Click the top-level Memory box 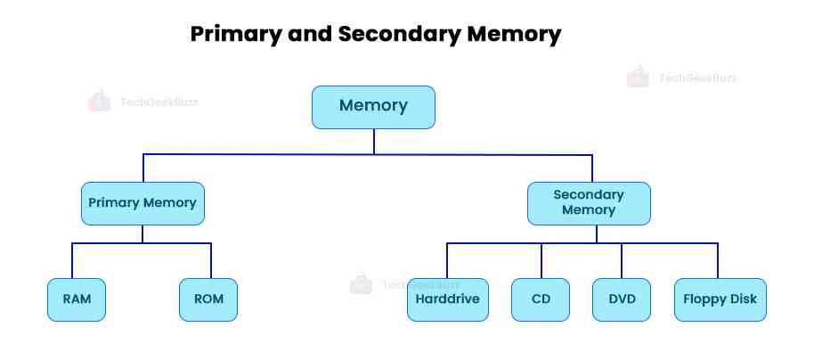point(373,107)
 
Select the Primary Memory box point(142,203)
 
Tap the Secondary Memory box point(589,203)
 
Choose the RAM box point(77,299)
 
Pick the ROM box point(208,299)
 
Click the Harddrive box point(448,299)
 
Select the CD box point(541,299)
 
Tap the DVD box point(622,299)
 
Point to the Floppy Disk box point(720,299)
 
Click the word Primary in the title point(235,35)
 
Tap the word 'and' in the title point(308,35)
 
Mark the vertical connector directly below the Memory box point(374,142)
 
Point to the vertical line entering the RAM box point(72,261)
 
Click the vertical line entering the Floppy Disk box point(718,261)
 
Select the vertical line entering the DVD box point(622,261)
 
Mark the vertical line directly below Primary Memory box point(142,234)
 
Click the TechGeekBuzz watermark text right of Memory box point(697,78)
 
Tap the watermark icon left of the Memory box point(99,101)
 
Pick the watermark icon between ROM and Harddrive point(361,283)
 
